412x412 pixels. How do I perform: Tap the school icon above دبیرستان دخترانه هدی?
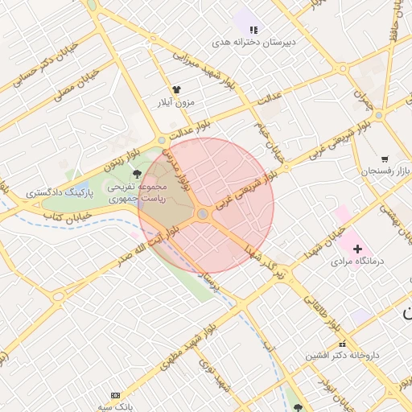(x=253, y=29)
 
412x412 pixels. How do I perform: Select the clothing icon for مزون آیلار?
(x=176, y=89)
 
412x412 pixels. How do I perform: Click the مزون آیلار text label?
(x=176, y=103)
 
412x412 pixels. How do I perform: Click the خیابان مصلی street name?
(x=76, y=85)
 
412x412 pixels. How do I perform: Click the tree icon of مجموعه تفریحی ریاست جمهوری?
(x=136, y=173)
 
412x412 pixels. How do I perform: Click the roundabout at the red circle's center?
(x=203, y=214)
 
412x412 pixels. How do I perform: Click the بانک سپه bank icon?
(x=115, y=395)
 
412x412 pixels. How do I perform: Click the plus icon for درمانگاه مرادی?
(x=357, y=249)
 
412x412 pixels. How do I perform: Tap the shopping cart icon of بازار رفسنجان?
(x=385, y=159)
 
